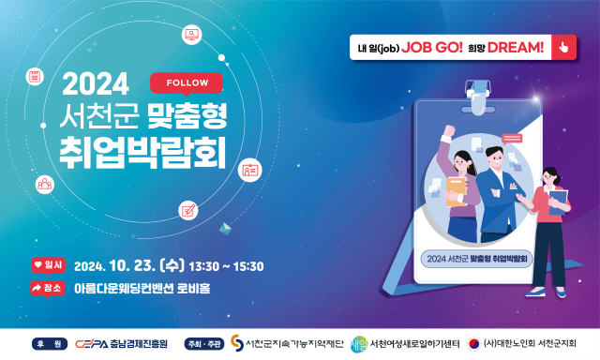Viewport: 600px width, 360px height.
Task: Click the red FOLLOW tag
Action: [187, 82]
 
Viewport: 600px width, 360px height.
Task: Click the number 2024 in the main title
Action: [95, 85]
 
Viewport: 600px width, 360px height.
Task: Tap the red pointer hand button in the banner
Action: [562, 46]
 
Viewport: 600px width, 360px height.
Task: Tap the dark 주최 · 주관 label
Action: [205, 342]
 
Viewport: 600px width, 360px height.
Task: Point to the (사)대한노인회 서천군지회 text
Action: [530, 342]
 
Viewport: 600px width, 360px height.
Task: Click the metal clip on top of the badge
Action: [479, 94]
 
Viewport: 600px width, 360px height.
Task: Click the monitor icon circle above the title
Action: [193, 36]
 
